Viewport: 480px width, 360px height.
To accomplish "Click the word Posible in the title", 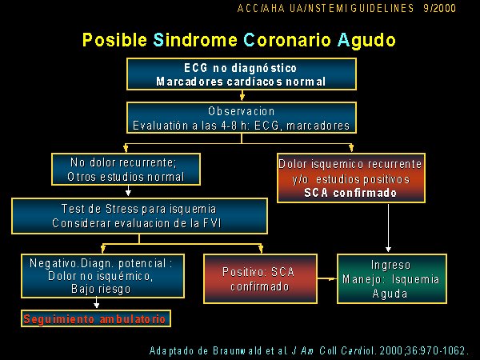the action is [x=114, y=40].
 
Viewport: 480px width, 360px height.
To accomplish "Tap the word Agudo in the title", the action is [x=366, y=41].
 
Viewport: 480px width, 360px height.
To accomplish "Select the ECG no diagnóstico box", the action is [x=242, y=74].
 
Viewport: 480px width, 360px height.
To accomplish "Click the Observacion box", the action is [x=242, y=118].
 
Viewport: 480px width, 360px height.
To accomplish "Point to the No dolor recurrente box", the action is [x=126, y=170].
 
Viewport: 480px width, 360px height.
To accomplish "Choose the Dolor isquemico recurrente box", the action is [x=351, y=178].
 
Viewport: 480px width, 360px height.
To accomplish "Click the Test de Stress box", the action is [x=139, y=216].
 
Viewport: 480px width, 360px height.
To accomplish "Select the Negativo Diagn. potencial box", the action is [x=102, y=276].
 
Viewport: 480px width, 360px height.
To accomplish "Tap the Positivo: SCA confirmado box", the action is [x=260, y=278].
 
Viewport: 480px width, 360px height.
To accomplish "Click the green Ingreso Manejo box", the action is [x=392, y=278].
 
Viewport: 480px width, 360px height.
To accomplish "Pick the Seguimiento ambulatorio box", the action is [x=96, y=318].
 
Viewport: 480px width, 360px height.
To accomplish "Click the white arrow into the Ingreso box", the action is [x=389, y=228].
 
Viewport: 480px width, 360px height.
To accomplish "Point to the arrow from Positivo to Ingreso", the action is [x=327, y=278].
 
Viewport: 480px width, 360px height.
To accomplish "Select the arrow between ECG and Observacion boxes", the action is [x=242, y=95].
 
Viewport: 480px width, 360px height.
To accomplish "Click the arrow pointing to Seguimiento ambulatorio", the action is [x=97, y=303].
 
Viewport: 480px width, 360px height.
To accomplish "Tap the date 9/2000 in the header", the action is [x=439, y=8].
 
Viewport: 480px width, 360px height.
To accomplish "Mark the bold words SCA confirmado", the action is [x=350, y=193].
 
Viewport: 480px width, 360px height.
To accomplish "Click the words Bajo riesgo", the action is [x=101, y=289].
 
